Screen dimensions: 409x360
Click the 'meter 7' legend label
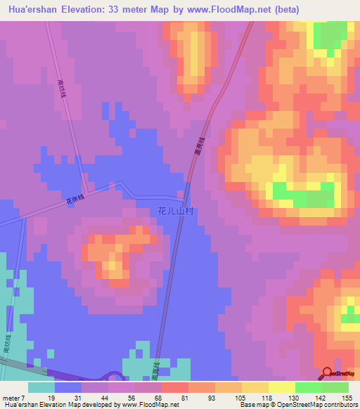coord(15,398)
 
